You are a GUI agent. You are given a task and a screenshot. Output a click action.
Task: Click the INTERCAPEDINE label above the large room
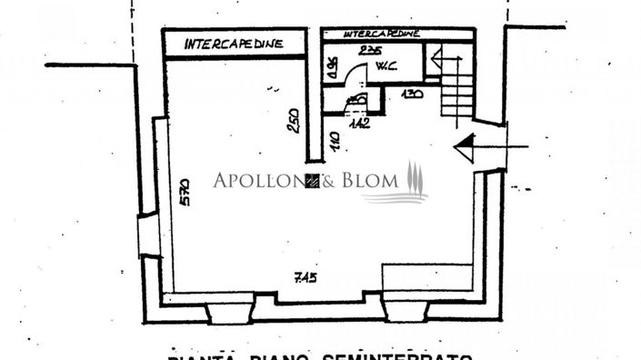tap(234, 43)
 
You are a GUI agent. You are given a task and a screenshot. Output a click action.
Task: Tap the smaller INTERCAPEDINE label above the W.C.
tap(381, 33)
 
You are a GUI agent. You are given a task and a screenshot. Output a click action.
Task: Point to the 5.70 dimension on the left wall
tap(184, 191)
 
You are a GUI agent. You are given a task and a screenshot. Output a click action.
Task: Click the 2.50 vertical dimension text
tap(293, 121)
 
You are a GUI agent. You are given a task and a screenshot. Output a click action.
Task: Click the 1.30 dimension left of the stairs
tap(413, 95)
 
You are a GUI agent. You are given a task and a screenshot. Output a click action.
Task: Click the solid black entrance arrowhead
tap(465, 145)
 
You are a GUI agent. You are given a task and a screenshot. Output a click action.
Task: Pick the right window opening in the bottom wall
tap(405, 312)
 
